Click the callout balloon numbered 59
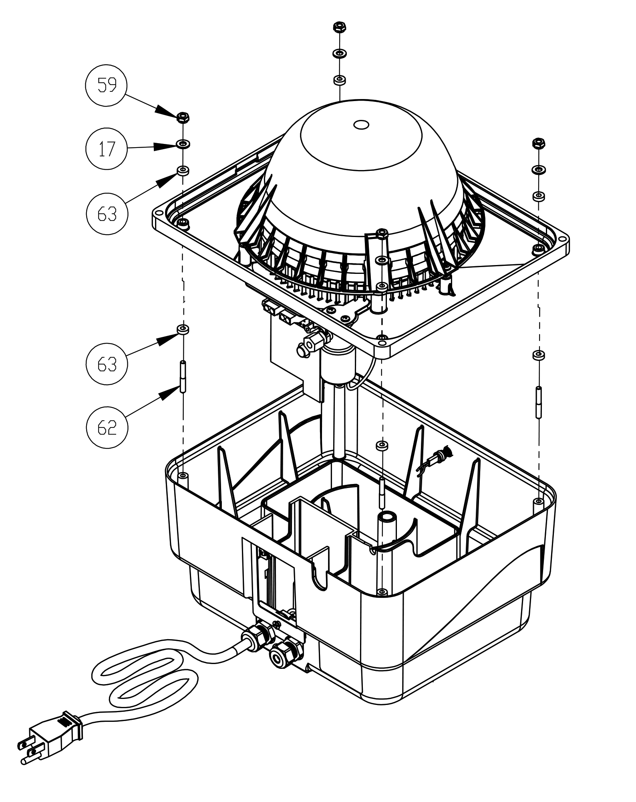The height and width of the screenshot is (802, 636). click(x=107, y=85)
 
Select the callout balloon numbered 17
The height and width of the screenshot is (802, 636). click(x=107, y=149)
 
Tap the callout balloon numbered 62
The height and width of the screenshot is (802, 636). click(x=107, y=427)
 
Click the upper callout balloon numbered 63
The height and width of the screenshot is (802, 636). click(x=107, y=214)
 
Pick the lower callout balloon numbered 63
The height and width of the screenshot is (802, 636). click(x=107, y=364)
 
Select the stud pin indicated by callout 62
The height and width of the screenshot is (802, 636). click(x=183, y=377)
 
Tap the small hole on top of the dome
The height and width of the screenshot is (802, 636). click(x=361, y=125)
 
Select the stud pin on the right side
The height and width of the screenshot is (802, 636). click(x=539, y=402)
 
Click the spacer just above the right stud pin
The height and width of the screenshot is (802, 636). click(x=538, y=355)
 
